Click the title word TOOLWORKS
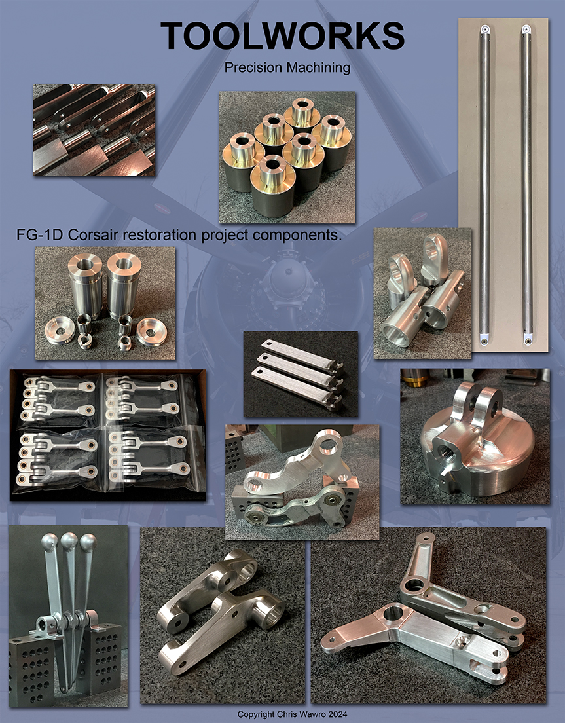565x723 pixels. (283, 35)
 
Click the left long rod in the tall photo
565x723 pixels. (484, 183)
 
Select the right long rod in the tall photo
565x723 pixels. (526, 183)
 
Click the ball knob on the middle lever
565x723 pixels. (69, 543)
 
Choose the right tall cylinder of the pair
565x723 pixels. (124, 285)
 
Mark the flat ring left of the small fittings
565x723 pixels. (60, 331)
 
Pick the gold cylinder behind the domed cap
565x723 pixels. (416, 377)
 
